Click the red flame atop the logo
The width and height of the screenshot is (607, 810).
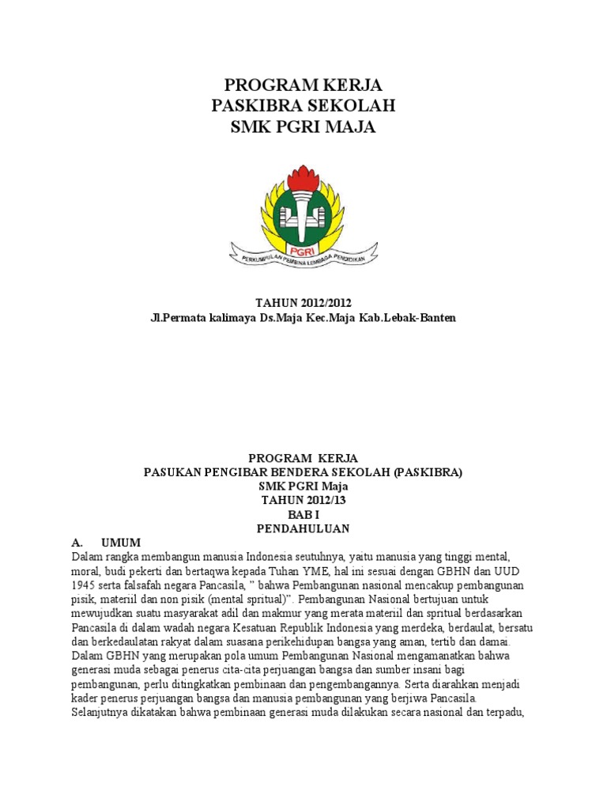(x=303, y=176)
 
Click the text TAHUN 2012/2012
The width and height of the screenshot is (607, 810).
(x=303, y=303)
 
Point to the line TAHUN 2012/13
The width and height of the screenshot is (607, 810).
(x=303, y=501)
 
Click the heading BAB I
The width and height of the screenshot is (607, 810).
(x=303, y=514)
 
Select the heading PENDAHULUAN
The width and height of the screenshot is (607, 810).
(x=303, y=528)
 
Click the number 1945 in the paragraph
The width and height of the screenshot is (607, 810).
(x=85, y=585)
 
